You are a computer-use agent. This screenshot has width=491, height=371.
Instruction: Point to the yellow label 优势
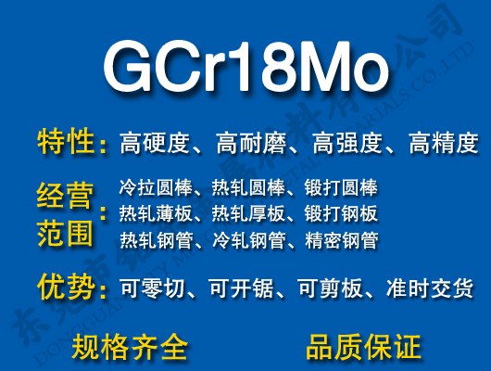(66, 288)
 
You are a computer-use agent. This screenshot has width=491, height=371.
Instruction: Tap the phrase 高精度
(443, 144)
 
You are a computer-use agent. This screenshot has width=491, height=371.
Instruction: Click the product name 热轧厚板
(248, 214)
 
